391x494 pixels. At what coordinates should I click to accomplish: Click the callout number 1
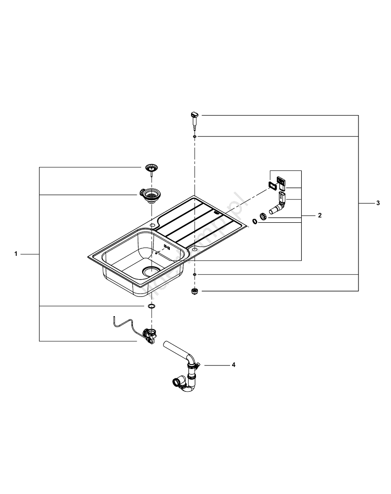[x=16, y=254]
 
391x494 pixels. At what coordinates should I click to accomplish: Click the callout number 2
[x=319, y=215]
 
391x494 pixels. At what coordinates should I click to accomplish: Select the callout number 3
[x=378, y=203]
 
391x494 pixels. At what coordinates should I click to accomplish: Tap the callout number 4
[x=234, y=365]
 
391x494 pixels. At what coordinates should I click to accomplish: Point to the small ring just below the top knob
[x=195, y=136]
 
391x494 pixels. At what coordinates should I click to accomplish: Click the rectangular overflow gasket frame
[x=271, y=185]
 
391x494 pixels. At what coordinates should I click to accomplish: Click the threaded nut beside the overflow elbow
[x=264, y=216]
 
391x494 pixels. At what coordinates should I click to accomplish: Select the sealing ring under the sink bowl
[x=150, y=307]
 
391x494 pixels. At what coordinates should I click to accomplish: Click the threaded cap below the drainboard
[x=195, y=291]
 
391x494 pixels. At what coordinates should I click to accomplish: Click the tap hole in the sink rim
[x=195, y=251]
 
